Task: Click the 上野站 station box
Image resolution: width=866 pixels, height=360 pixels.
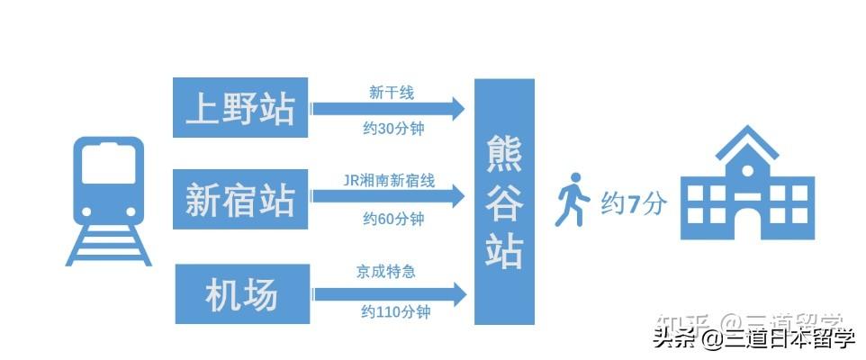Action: click(239, 108)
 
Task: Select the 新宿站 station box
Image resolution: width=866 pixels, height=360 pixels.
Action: click(239, 198)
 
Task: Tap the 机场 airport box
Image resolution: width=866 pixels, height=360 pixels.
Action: click(239, 293)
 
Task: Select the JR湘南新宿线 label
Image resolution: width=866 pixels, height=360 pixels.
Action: click(390, 181)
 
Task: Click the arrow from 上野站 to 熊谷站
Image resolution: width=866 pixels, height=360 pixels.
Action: click(389, 109)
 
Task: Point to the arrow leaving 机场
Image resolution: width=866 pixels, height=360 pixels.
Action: click(389, 293)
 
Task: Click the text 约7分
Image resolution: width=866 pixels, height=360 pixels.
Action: click(634, 203)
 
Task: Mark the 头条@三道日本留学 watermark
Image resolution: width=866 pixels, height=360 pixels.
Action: click(753, 338)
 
